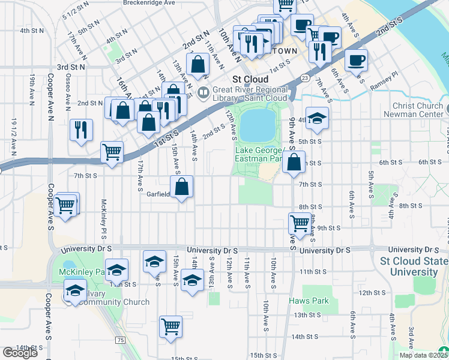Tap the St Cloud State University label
pos(414,266)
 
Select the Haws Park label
pos(305,300)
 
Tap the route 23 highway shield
pos(305,78)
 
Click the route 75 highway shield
pos(121,340)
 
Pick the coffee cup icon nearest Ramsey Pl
pos(356,60)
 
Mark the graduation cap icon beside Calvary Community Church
pos(76,290)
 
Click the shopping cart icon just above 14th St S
pos(170,327)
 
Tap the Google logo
pos(20,353)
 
